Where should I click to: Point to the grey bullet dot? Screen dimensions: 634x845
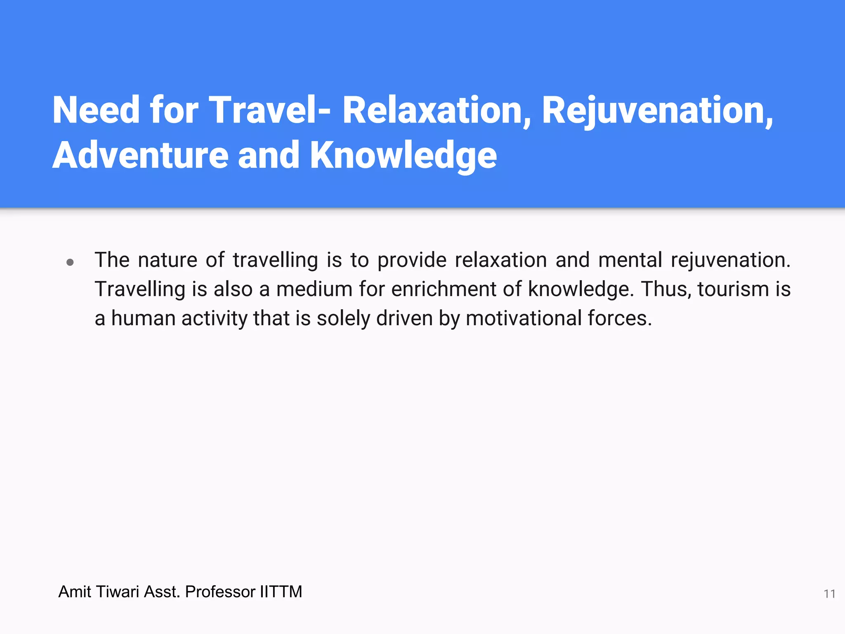pos(70,262)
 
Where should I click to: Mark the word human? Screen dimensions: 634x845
pos(143,319)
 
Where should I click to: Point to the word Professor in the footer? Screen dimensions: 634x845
pos(220,592)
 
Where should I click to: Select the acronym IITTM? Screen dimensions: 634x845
pos(281,592)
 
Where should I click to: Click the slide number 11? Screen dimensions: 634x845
pos(829,594)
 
